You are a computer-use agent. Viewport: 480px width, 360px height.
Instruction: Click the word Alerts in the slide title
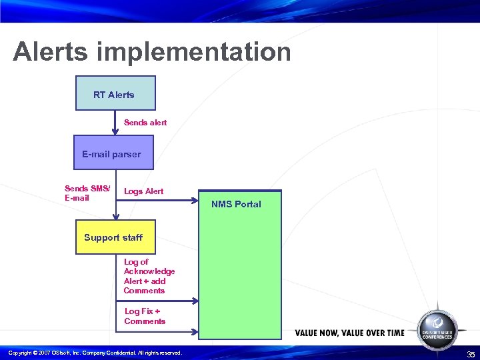[x=51, y=52]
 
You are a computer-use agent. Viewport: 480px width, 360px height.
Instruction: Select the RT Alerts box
[x=115, y=93]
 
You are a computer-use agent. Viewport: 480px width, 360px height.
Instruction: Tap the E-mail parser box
[x=113, y=154]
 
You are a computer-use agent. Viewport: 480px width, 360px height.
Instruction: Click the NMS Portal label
[x=236, y=204]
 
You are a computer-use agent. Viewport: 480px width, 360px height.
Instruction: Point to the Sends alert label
[x=145, y=123]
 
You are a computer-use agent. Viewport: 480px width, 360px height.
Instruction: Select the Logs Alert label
[x=143, y=191]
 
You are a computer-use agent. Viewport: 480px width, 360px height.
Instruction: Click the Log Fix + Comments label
[x=145, y=316]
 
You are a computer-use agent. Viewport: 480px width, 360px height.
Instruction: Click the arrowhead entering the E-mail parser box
[x=115, y=131]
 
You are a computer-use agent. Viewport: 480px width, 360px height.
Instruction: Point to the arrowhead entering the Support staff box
[x=115, y=215]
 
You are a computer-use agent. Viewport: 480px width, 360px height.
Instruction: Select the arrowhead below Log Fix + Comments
[x=195, y=331]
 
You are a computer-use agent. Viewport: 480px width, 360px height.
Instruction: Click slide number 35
[x=471, y=354]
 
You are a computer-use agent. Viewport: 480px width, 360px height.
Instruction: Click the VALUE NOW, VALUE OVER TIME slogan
[x=349, y=333]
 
